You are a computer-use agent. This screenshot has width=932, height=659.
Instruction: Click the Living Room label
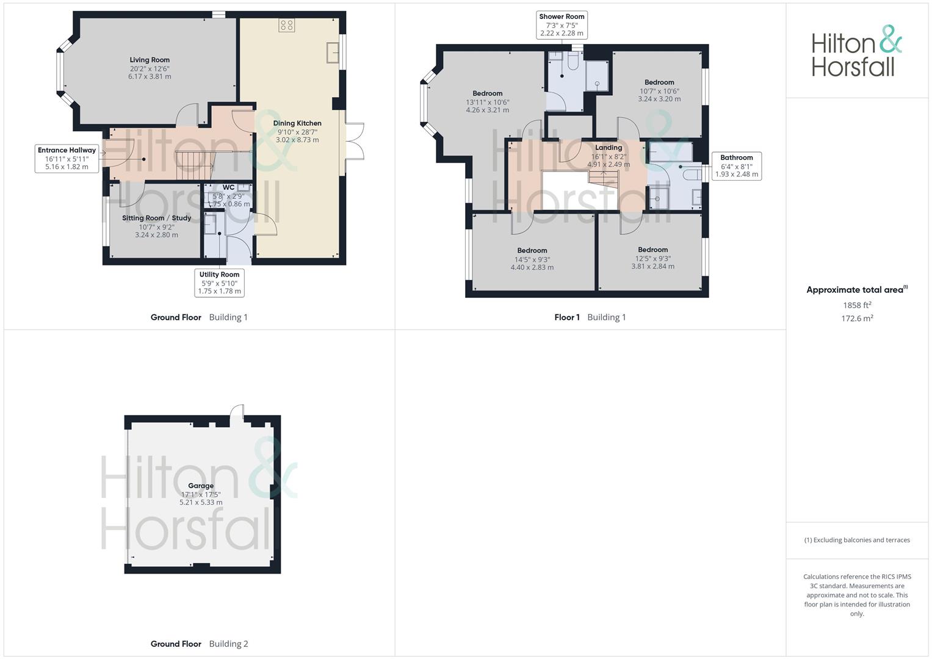(150, 60)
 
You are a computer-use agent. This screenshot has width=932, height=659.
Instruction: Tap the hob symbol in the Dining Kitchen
(287, 25)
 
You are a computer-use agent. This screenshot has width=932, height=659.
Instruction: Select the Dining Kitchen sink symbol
(333, 52)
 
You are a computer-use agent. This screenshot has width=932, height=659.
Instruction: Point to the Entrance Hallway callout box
(67, 159)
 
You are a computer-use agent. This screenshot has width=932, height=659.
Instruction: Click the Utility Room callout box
(219, 283)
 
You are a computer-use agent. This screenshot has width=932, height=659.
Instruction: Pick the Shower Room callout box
(562, 25)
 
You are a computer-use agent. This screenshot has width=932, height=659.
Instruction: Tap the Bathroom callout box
(737, 166)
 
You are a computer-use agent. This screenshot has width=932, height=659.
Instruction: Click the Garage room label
(201, 486)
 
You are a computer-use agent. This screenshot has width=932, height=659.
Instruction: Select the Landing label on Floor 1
(609, 148)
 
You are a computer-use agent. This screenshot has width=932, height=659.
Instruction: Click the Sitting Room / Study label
(156, 218)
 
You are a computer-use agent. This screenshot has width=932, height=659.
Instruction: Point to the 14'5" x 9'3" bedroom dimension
(532, 259)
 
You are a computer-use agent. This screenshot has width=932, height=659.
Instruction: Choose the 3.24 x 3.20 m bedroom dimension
(659, 99)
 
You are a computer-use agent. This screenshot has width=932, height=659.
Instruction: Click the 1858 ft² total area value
(857, 305)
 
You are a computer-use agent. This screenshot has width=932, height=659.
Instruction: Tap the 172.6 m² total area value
(857, 319)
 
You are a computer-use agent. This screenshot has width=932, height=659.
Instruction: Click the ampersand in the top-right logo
(890, 39)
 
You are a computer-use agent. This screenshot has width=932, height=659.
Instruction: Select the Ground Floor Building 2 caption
(200, 644)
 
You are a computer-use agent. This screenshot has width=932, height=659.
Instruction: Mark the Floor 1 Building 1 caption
(590, 317)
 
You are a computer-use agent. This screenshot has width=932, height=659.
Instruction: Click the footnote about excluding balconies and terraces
(857, 540)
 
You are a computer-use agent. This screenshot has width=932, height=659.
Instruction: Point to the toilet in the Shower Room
(573, 61)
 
